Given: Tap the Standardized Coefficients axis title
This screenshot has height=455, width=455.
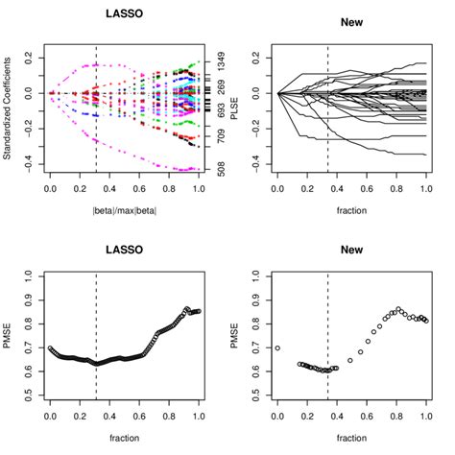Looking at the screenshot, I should click(8, 111).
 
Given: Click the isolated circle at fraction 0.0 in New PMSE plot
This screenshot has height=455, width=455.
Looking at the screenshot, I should click(277, 347).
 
